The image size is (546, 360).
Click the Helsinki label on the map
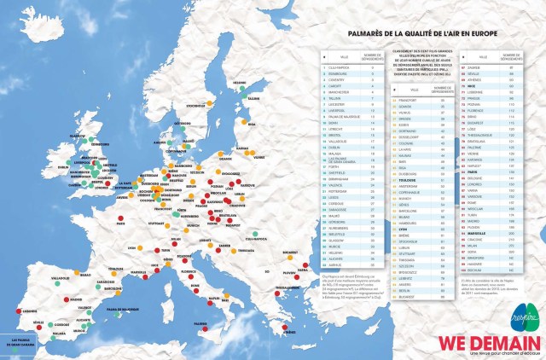pyautogui.click(x=241, y=83)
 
